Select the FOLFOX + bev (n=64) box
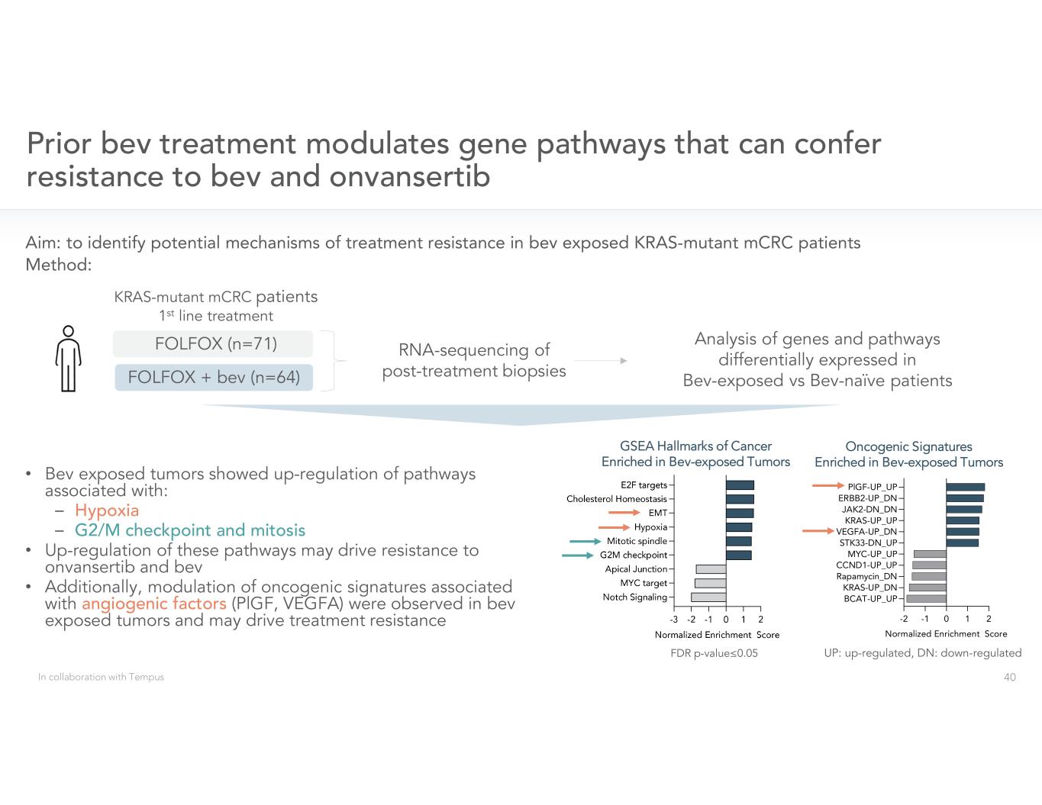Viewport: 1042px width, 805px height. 214,377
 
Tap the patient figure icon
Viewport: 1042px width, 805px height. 69,359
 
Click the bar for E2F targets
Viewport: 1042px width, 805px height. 740,485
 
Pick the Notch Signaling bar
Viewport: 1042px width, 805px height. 708,597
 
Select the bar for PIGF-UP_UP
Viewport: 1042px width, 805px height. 965,487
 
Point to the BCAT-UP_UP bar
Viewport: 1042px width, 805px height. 926,599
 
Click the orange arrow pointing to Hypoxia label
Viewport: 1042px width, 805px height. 614,527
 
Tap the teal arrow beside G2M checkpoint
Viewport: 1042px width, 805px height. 578,555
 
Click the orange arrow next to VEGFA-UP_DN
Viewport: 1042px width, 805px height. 818,531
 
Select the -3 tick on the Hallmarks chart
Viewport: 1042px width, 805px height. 674,620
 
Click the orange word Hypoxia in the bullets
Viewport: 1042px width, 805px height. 107,510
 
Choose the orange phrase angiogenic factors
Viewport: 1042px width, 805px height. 153,604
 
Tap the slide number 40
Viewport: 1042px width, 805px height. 1009,677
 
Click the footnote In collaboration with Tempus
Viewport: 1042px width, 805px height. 101,677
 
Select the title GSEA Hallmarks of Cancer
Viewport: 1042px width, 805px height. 695,446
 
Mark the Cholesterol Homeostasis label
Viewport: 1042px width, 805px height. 616,499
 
